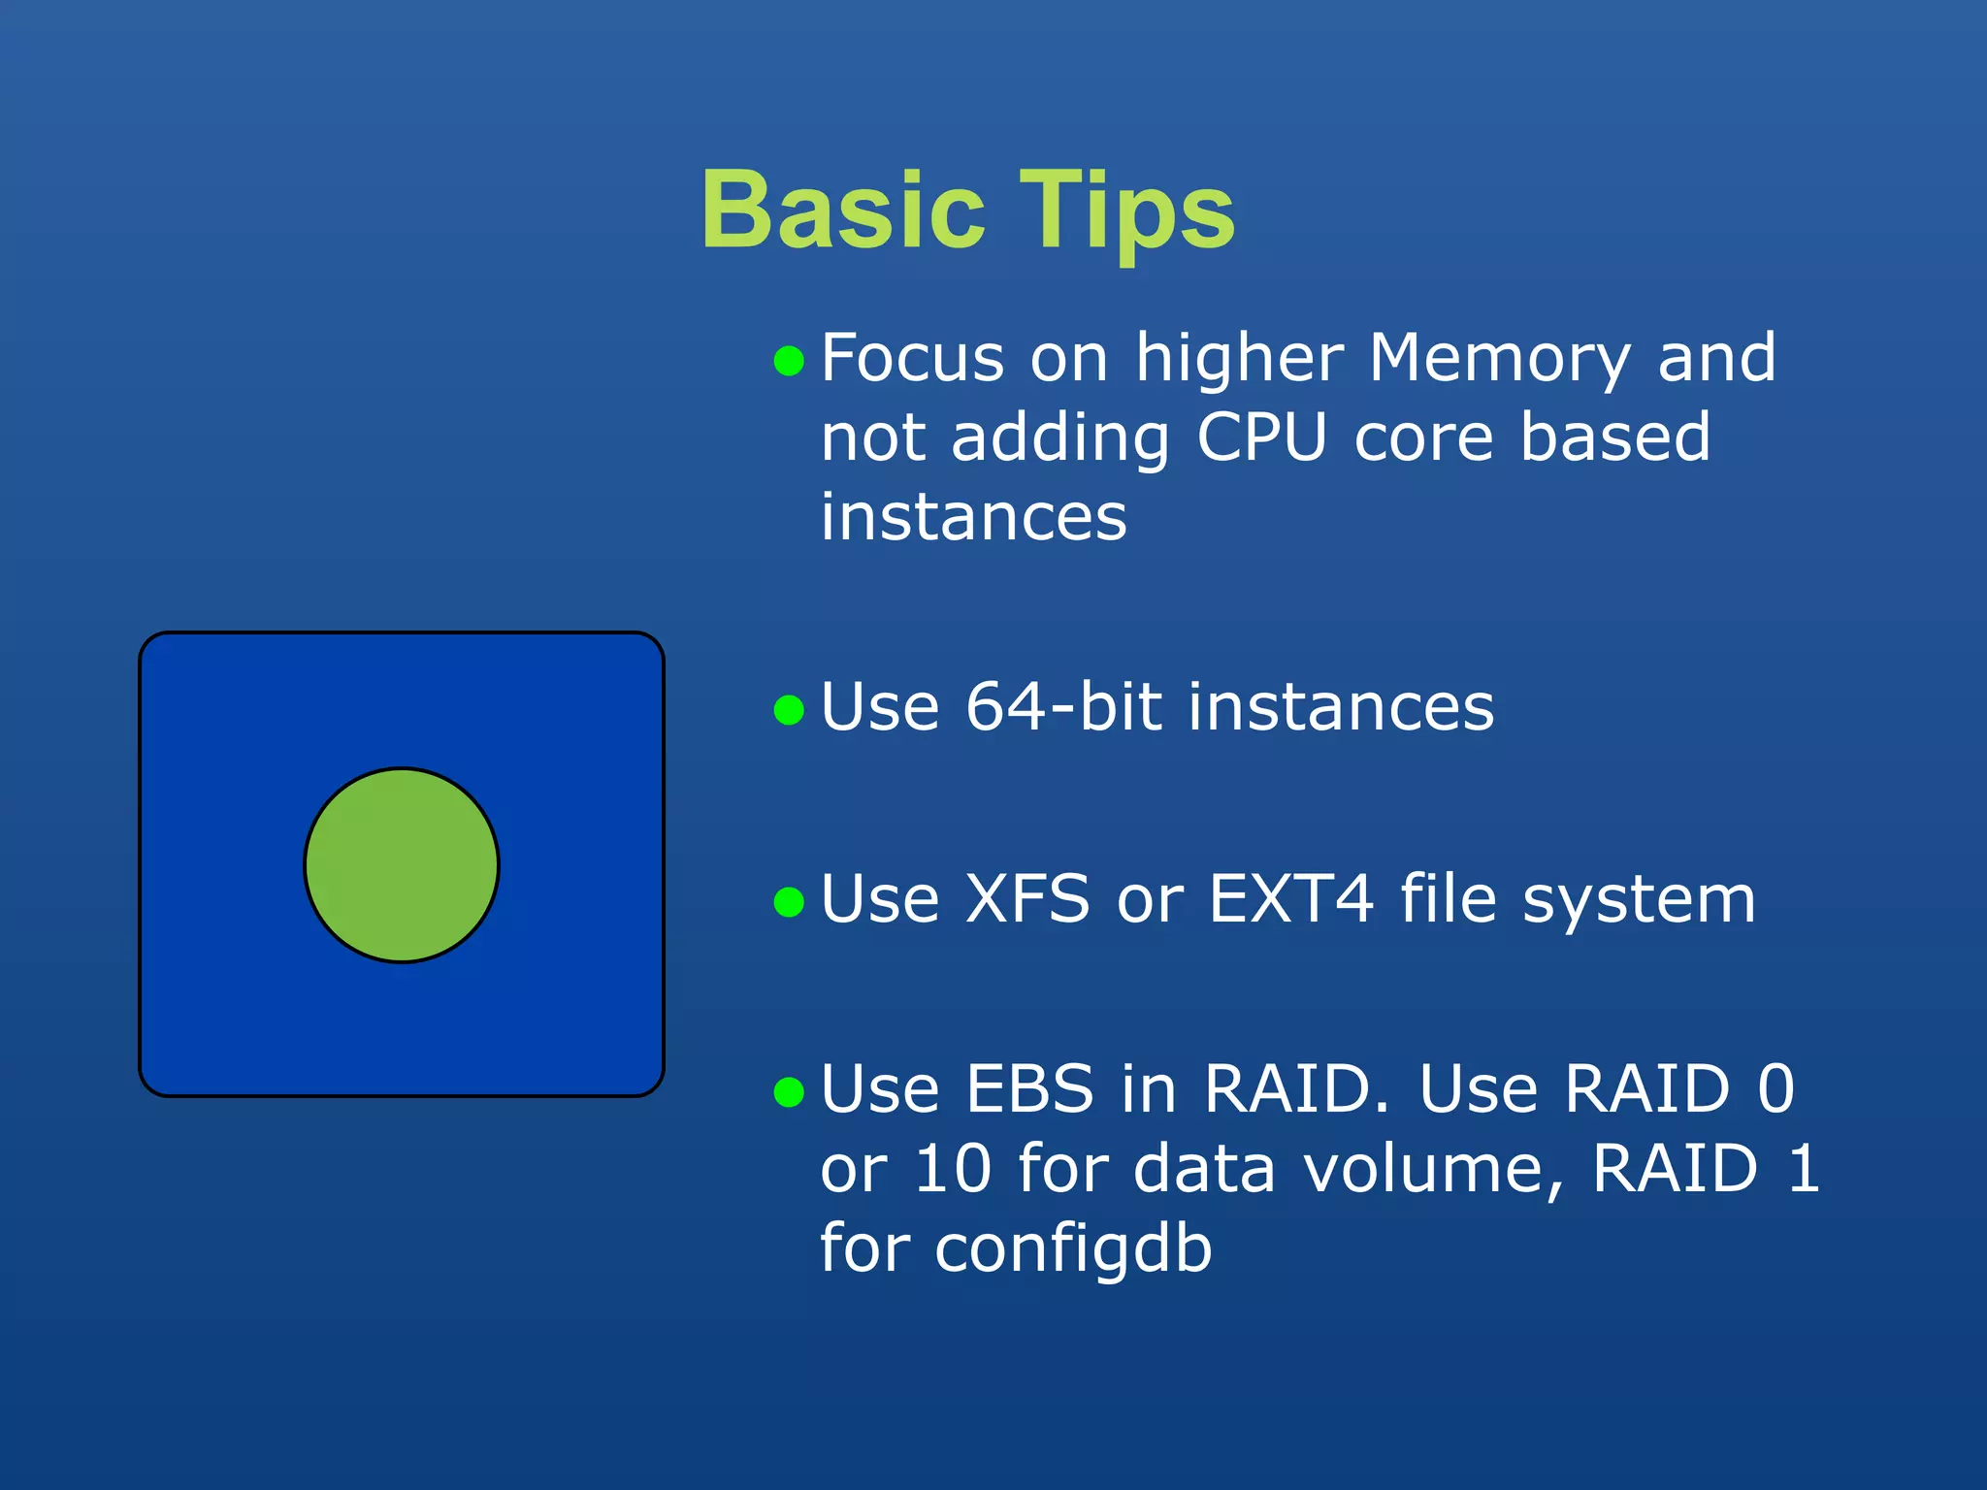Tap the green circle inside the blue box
402,865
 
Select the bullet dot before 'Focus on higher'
790,362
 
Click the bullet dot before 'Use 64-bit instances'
790,710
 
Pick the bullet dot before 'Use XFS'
790,902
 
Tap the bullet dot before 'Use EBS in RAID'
790,1092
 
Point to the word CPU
1261,438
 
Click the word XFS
1027,899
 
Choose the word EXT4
1291,899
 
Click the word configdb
1073,1249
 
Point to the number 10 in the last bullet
953,1169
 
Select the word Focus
912,359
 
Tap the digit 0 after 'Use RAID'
1776,1089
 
